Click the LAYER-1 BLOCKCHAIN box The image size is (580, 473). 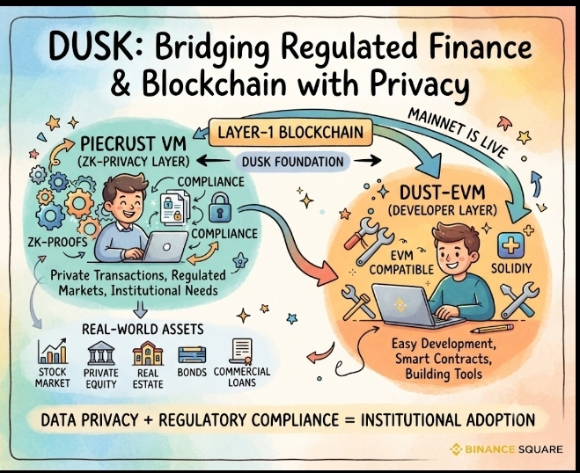coord(290,132)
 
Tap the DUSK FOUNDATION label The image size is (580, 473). coord(292,162)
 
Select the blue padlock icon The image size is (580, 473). coord(220,208)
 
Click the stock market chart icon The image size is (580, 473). coord(52,351)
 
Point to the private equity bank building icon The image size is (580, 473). coord(101,353)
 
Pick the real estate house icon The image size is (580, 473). coord(148,353)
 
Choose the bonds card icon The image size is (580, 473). coord(192,355)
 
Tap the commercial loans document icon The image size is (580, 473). coord(241,352)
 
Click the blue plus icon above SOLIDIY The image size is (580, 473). coord(510,245)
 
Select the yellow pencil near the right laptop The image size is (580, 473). coord(493,329)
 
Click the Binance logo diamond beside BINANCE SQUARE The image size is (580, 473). coord(456,449)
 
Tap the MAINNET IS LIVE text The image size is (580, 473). coord(457,133)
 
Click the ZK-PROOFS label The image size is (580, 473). coord(58,242)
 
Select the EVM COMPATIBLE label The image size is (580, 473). coord(401,262)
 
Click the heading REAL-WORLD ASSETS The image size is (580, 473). coord(143,329)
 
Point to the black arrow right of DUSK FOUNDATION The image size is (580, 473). coord(367,161)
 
